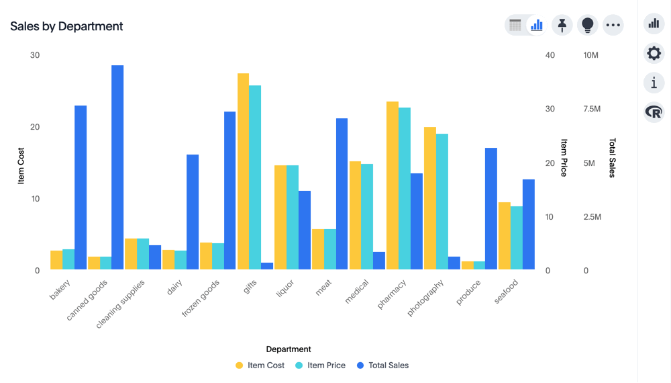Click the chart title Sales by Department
click(x=66, y=26)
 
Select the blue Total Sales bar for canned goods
click(x=117, y=167)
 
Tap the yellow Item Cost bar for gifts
click(x=243, y=171)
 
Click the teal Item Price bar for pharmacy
click(x=405, y=188)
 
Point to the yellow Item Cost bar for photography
click(x=429, y=198)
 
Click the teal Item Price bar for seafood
click(x=516, y=238)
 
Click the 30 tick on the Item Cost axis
click(x=35, y=55)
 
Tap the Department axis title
click(x=289, y=349)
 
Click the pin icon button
click(x=562, y=26)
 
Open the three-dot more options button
click(x=613, y=26)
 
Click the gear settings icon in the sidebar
click(x=654, y=53)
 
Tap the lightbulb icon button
click(x=587, y=26)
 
